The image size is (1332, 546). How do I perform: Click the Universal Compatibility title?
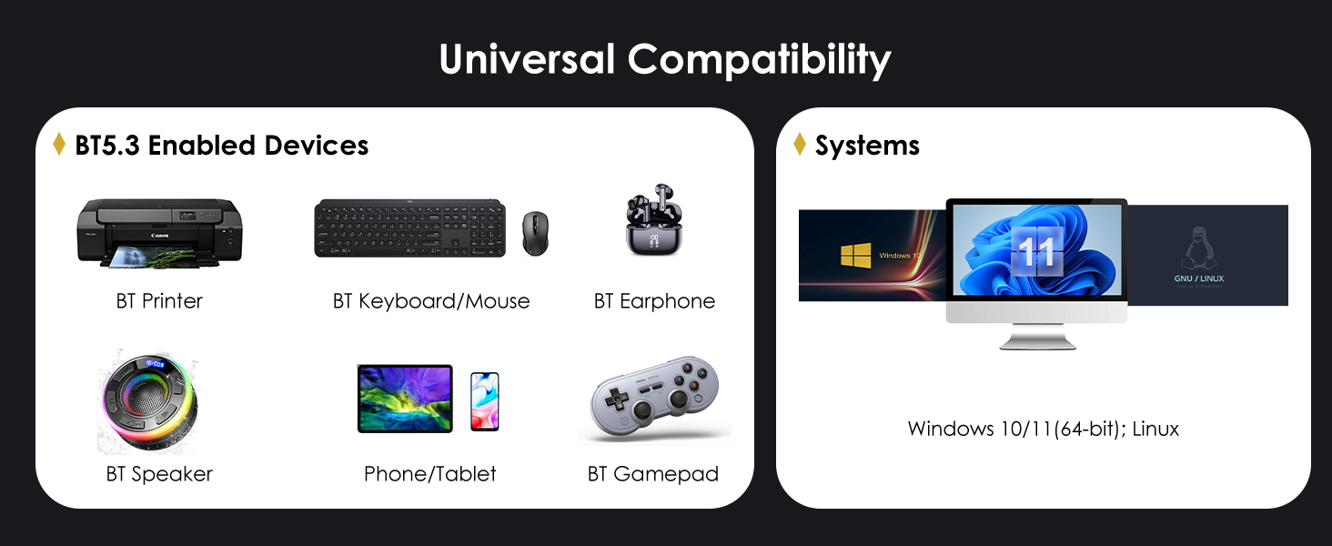coord(665,60)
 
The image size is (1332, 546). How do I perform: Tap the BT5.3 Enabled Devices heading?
coord(221,146)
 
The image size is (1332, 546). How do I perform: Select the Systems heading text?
coord(867,146)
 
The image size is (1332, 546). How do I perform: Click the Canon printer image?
coord(160,232)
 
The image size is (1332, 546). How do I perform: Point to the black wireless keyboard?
coord(409,227)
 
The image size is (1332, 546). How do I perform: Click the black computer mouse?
coord(535,234)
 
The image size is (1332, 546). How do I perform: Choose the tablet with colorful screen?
coord(405,399)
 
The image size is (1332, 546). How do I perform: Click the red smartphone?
coord(484,400)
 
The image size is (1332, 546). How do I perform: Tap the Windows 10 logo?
coord(856,255)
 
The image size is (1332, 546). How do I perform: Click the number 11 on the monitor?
coord(1036,250)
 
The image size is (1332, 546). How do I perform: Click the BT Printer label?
coord(159,301)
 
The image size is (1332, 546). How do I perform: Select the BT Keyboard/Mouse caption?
coord(431,301)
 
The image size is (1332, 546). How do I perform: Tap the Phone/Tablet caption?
coord(430,474)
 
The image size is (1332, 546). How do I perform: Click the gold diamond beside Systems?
coord(800,145)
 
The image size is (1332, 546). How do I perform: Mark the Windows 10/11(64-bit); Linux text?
coord(1043,429)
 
